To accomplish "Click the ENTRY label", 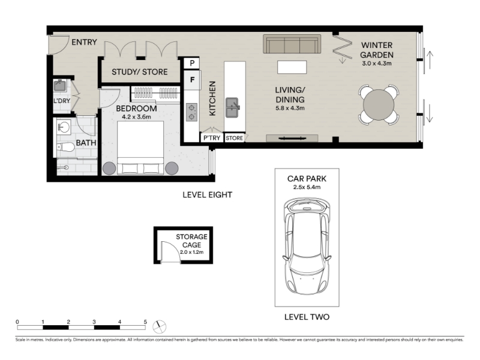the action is pos(84,42).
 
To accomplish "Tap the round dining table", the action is pos(379,105).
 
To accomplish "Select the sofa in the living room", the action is pos(292,44).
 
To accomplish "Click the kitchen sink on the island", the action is pos(232,107).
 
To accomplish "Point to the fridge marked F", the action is pos(192,80).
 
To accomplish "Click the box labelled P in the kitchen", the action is pos(192,63).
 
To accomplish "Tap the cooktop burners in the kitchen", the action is pos(191,112).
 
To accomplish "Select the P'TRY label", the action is pos(212,138).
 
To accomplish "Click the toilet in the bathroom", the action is pos(65,147).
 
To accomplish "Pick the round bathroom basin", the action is pos(64,127).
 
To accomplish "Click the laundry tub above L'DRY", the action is pos(60,86).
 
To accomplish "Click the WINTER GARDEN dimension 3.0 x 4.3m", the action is pos(377,64).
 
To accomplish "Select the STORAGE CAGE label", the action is pos(191,241).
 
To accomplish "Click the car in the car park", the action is pos(307,246).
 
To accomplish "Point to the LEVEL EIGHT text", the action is pos(208,194).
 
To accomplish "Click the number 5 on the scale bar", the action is pos(145,322).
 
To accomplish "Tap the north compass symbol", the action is pos(159,326).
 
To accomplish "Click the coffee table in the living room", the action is pos(292,67).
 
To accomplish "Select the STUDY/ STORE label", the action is pos(140,72).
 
